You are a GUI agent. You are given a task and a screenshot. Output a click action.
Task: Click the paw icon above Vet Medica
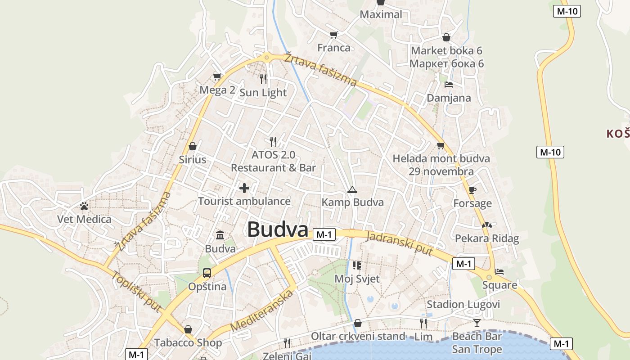(84, 206)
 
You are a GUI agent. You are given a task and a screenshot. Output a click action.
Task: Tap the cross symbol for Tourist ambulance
(244, 188)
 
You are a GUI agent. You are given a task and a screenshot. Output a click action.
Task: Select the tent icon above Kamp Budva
(352, 190)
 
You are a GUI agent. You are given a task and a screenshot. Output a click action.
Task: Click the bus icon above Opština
(207, 273)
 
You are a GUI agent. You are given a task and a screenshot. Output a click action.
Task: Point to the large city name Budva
(277, 229)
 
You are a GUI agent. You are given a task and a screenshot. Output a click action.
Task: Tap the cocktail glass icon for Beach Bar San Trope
(477, 323)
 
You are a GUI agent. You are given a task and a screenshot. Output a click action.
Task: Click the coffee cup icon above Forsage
(472, 190)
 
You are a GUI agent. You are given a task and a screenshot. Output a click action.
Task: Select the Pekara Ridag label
(487, 238)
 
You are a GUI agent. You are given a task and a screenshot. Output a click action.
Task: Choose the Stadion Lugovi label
(463, 305)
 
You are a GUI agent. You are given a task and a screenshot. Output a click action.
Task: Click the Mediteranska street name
(262, 311)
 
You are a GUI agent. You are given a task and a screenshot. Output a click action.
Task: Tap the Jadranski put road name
(399, 243)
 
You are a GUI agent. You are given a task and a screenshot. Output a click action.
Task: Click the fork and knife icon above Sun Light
(263, 79)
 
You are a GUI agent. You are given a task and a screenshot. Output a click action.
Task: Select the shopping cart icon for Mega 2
(217, 77)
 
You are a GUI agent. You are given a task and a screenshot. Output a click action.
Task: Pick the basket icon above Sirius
(193, 146)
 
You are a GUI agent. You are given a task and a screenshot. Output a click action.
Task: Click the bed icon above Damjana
(448, 84)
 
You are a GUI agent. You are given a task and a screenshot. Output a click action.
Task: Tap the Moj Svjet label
(357, 279)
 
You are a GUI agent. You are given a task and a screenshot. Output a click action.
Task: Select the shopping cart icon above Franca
(333, 35)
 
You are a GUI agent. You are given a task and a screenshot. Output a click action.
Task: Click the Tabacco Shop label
(188, 343)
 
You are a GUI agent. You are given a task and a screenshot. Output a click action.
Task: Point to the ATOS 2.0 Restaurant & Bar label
(273, 161)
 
